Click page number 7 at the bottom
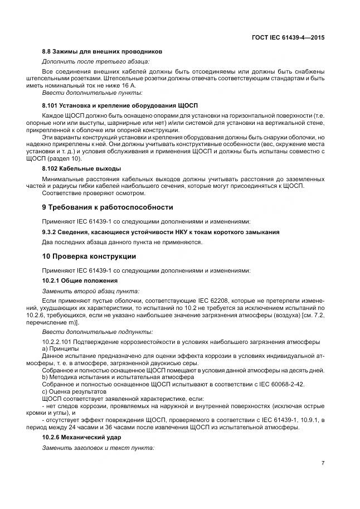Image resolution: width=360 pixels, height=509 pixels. pos(323,463)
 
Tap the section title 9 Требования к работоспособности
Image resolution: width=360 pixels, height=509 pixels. pos(108,207)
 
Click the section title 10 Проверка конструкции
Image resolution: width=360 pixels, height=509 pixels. pos(89,256)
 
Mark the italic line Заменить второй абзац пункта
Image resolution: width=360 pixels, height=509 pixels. pos(91,291)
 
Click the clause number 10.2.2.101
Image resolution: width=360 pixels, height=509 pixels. pos(60,341)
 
